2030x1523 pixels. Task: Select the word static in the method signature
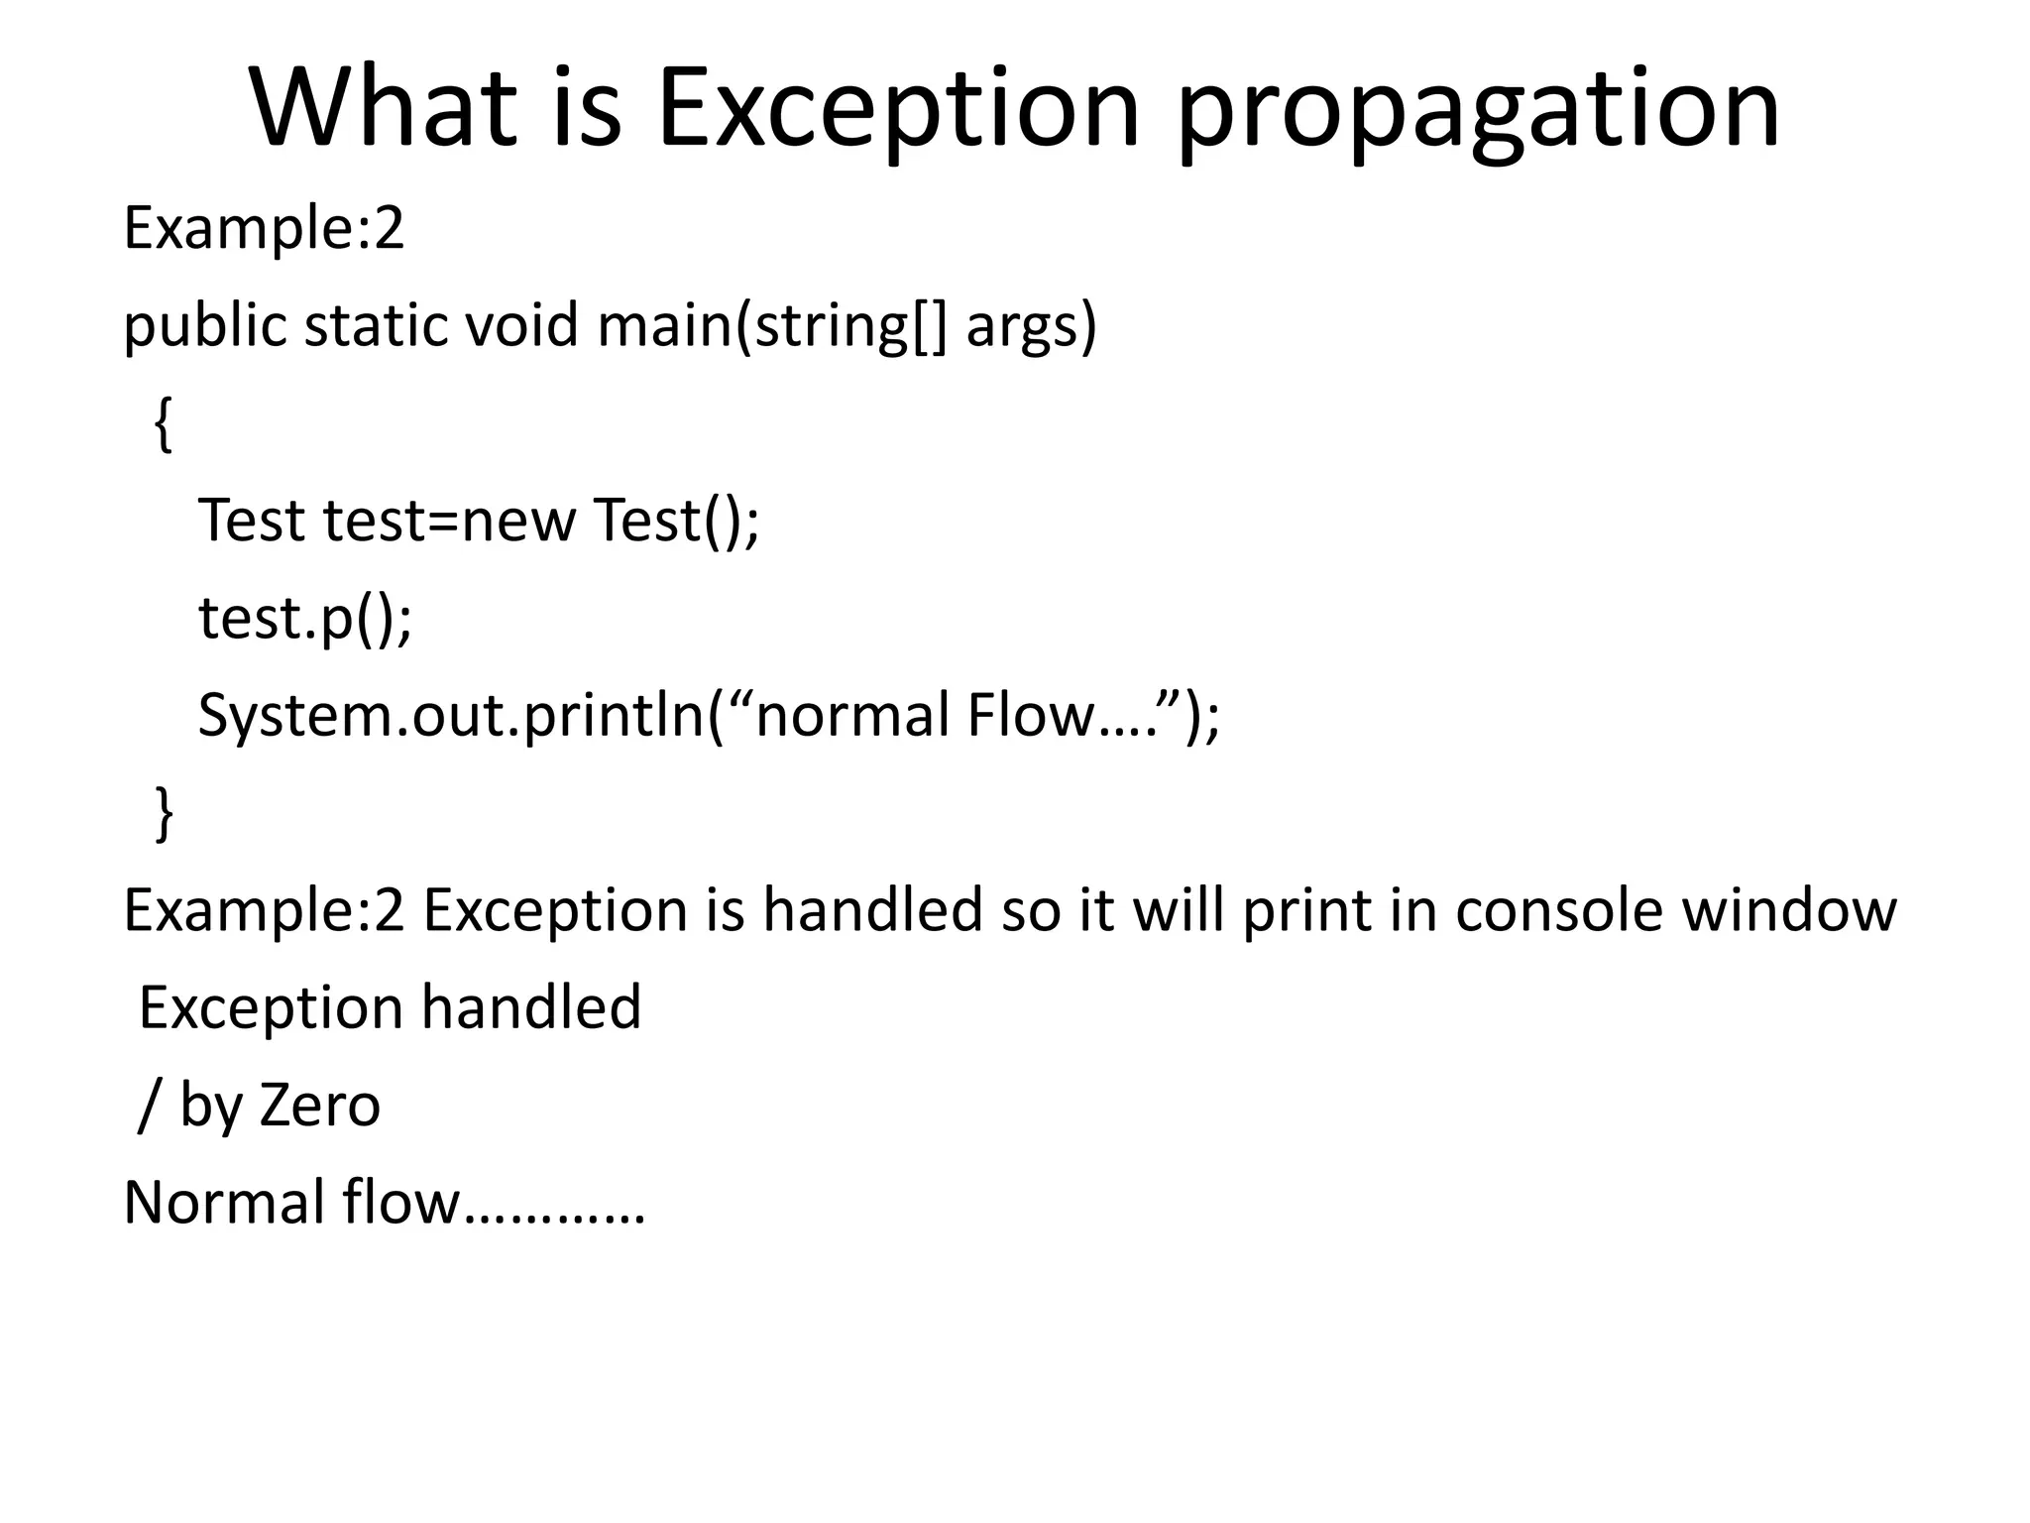click(375, 325)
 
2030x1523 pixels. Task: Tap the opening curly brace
click(164, 424)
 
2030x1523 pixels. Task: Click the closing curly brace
click(164, 813)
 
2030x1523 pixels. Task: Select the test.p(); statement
click(304, 619)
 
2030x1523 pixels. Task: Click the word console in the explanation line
click(1558, 910)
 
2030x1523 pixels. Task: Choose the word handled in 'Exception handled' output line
click(531, 1007)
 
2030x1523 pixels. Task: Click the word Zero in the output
click(319, 1105)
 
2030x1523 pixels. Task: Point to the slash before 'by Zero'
click(148, 1105)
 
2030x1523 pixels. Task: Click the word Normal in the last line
click(223, 1202)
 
